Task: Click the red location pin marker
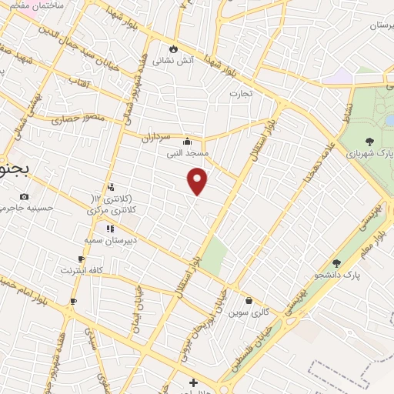coord(198,181)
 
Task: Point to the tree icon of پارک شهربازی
coord(370,141)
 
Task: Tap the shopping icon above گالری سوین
coord(249,300)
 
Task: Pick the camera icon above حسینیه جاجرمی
coord(25,196)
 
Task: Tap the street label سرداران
coord(154,137)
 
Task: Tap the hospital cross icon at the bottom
coord(193,382)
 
